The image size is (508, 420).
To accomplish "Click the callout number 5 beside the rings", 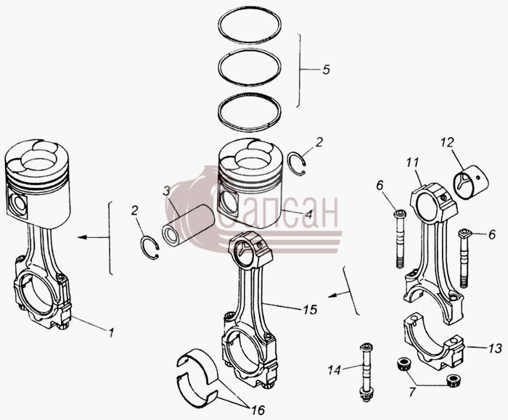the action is pyautogui.click(x=326, y=70).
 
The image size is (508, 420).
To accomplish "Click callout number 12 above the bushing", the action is pyautogui.click(x=447, y=143).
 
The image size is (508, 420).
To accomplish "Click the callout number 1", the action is pyautogui.click(x=111, y=332).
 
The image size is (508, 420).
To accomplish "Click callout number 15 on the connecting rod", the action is pyautogui.click(x=310, y=310).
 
